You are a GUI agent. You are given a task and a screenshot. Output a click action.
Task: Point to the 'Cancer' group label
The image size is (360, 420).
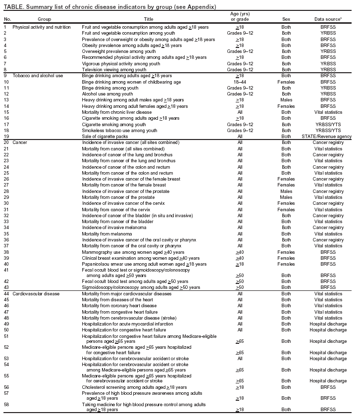click(20, 142)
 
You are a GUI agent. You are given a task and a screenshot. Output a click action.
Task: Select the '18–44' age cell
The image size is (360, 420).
click(239, 82)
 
